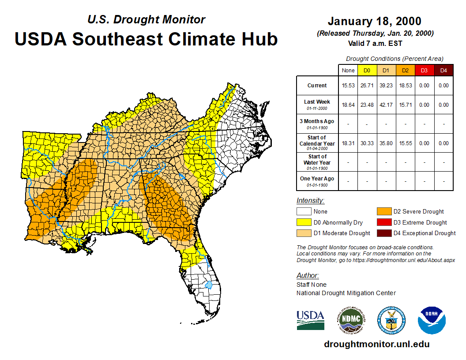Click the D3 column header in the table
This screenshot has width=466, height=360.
coord(424,70)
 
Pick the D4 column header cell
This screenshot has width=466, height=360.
coord(443,70)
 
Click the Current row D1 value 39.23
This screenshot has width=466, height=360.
coord(386,86)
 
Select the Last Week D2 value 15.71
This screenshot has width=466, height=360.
coord(405,105)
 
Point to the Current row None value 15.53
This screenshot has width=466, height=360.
coord(348,86)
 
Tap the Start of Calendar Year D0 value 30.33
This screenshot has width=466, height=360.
coord(367,143)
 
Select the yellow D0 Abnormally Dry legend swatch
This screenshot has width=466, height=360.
coord(303,222)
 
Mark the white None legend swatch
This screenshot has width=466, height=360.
coord(303,212)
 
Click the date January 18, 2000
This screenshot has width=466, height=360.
coord(374,21)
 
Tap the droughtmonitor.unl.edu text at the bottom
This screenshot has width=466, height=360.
coord(376,344)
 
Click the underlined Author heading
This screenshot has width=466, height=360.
coord(307,276)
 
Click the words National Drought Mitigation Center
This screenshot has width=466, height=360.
coord(346,293)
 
